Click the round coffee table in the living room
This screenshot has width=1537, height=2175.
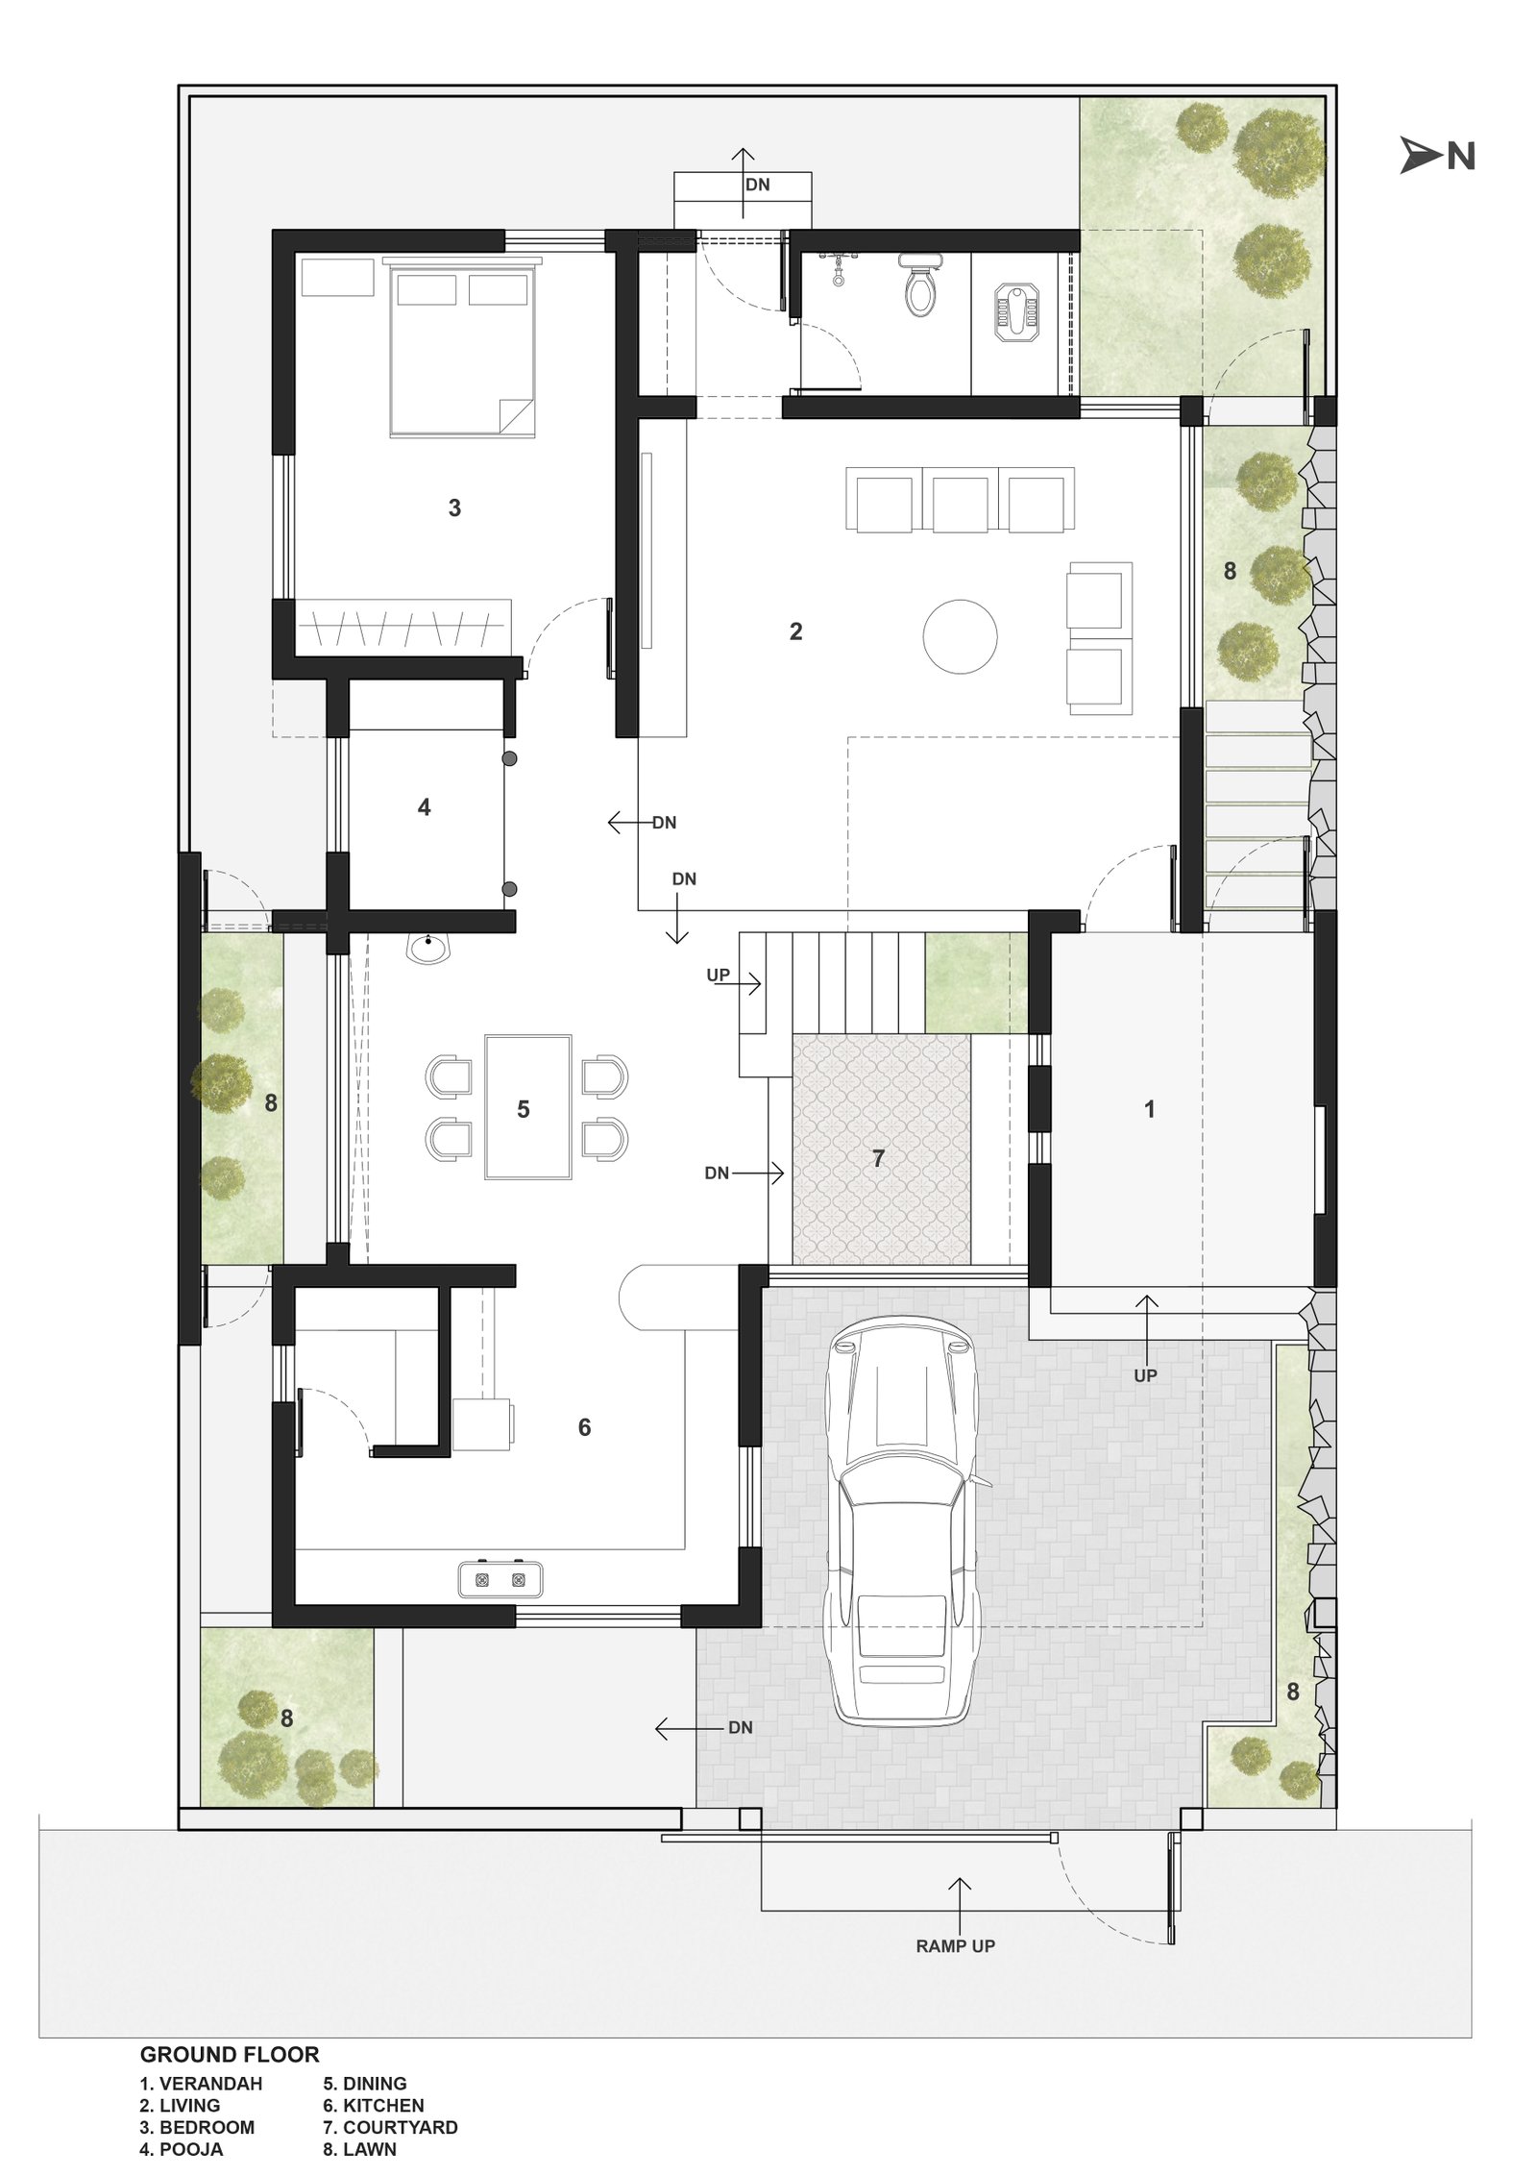point(960,635)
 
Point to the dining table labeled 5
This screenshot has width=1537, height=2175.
point(527,1106)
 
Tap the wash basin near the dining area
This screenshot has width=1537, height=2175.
point(429,950)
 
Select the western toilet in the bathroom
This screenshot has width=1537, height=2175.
point(916,284)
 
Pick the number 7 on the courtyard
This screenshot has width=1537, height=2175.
point(877,1159)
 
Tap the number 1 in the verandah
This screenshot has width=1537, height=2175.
point(1149,1109)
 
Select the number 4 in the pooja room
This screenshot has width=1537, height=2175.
point(424,807)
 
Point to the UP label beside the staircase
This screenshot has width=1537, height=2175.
point(718,975)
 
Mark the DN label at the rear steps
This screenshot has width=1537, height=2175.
point(757,185)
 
